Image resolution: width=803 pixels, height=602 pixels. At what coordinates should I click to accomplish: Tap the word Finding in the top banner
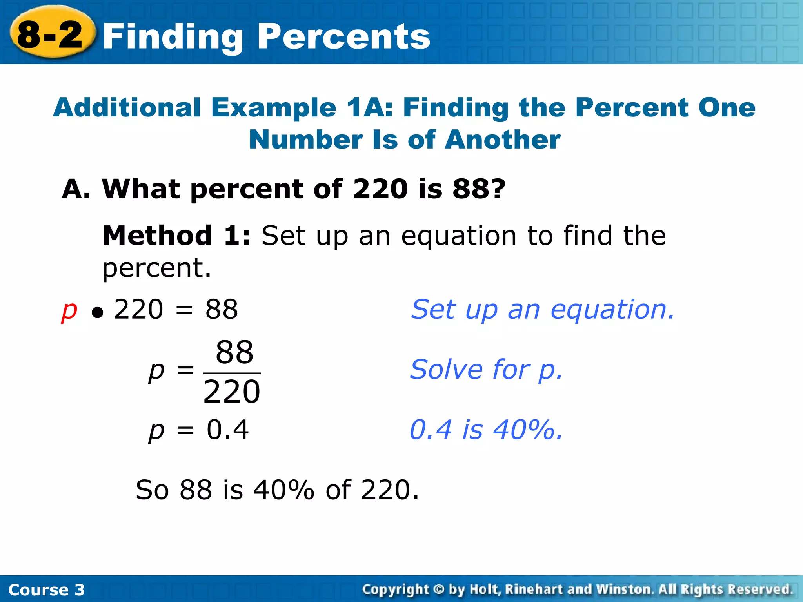point(173,37)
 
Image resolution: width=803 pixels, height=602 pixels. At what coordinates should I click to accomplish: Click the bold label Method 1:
point(176,236)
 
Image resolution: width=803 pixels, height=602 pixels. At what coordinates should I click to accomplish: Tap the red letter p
point(69,310)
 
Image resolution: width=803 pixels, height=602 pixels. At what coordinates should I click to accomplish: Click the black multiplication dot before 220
point(97,312)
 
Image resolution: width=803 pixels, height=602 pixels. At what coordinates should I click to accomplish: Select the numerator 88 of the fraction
point(234,352)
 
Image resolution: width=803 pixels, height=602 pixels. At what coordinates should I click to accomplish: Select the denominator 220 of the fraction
point(232,392)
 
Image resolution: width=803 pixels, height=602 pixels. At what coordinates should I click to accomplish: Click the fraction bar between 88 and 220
point(232,373)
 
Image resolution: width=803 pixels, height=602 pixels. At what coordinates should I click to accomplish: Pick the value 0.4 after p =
point(227,430)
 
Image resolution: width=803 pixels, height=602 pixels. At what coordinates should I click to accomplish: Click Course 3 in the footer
point(46,590)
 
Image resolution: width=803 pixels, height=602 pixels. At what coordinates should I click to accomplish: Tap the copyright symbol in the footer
point(439,589)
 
